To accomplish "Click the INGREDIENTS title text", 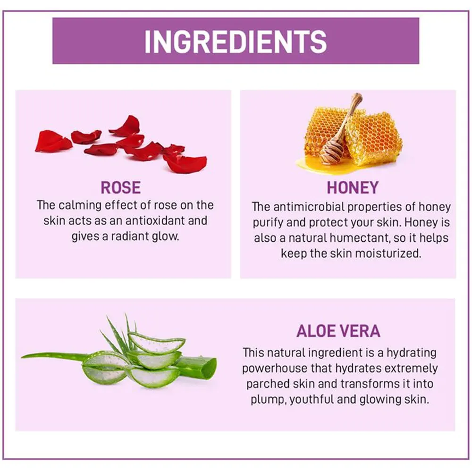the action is tap(236, 41).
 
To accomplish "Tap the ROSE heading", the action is tap(121, 187).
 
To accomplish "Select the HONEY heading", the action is tap(353, 187).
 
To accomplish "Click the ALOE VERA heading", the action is tap(338, 331).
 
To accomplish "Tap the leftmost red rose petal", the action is tap(53, 141).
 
